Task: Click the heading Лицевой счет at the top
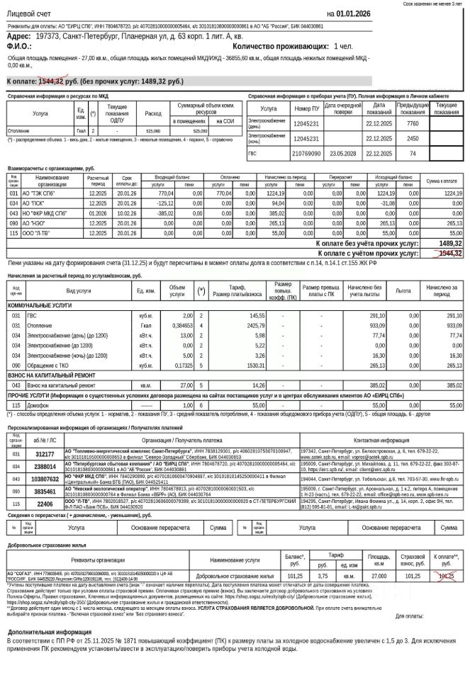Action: [x=28, y=14]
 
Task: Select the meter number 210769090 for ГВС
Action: [x=307, y=153]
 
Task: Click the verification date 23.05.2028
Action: [x=342, y=153]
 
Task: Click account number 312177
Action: [x=45, y=454]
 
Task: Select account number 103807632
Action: [x=45, y=480]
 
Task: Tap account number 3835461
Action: [x=45, y=491]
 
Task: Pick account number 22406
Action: [x=45, y=503]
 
